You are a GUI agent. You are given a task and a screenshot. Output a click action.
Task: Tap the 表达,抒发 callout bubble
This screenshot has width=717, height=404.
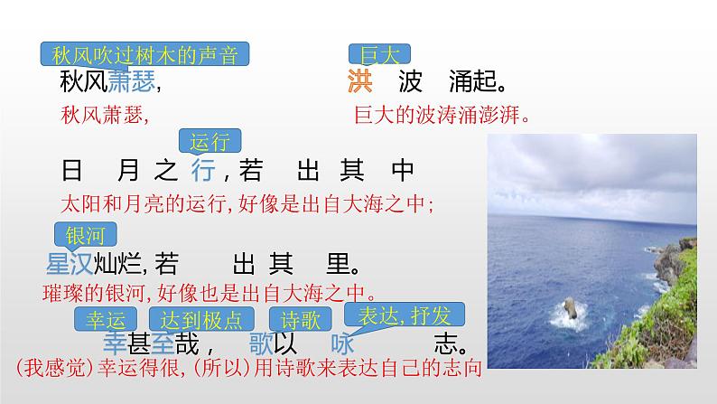coord(405,315)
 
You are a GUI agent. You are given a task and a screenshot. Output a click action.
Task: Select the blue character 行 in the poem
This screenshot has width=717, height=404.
coord(203,169)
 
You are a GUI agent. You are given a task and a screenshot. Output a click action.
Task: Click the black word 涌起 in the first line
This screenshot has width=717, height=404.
coord(475,84)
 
